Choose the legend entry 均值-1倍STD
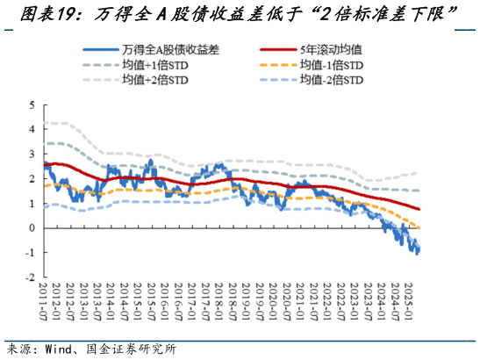pyautogui.click(x=330, y=66)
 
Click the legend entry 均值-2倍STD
pyautogui.click(x=330, y=81)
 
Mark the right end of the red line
pyautogui.click(x=419, y=209)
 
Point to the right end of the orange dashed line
pyautogui.click(x=419, y=228)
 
